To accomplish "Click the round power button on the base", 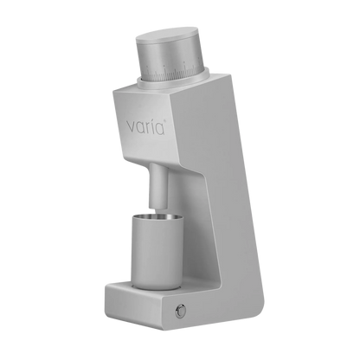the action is tap(181, 312).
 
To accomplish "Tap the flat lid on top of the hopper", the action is tap(167, 35).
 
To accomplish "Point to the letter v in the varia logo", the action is tap(131, 127).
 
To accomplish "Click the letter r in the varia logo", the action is tap(148, 128).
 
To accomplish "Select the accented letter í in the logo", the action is tap(153, 126).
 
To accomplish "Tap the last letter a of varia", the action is tap(160, 129).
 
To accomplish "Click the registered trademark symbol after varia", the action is tap(165, 120).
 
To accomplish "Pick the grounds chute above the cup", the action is tap(157, 185).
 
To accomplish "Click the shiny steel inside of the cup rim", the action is tap(157, 218).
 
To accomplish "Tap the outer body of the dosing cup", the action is tap(157, 254).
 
